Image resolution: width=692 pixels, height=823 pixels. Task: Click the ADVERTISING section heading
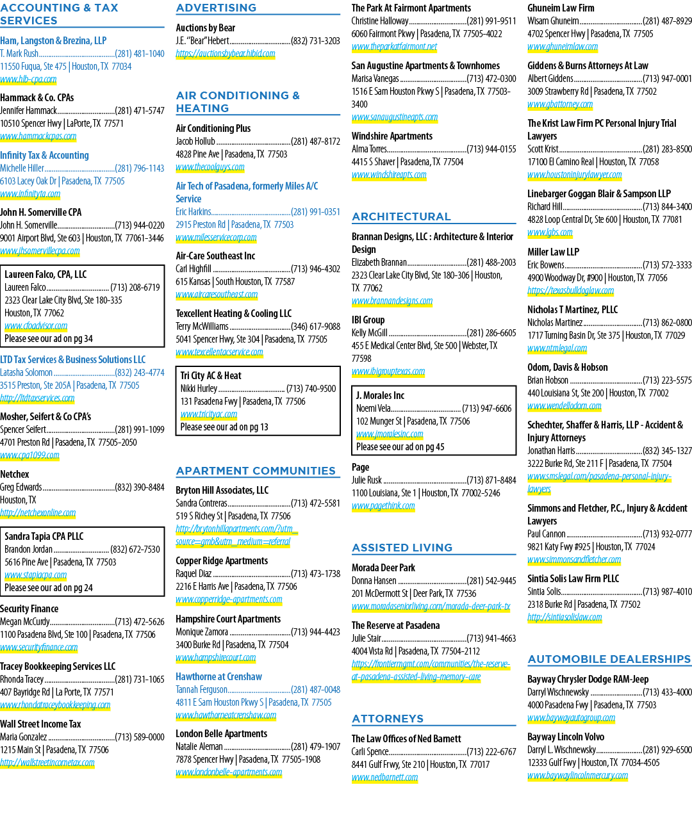[216, 8]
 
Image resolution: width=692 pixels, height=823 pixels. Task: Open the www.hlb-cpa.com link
[28, 79]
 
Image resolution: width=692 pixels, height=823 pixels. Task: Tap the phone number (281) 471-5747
[140, 111]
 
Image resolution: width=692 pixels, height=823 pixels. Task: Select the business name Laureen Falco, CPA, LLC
[45, 274]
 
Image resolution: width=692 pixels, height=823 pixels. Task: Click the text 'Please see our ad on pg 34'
[49, 339]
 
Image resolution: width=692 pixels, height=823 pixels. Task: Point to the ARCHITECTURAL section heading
[401, 216]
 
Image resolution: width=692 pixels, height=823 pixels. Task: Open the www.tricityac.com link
[209, 414]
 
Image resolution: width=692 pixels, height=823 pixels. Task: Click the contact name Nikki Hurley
[199, 389]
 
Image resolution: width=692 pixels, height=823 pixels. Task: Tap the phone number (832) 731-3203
[315, 41]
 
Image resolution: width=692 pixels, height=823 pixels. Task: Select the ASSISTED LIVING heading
[402, 548]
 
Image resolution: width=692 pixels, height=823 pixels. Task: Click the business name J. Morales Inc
[380, 395]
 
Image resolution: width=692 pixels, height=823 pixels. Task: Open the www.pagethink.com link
[383, 506]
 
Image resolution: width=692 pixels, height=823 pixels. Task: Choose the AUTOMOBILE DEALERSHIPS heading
[609, 659]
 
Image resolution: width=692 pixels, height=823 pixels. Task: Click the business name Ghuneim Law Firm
[561, 8]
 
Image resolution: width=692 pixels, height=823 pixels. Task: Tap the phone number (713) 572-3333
[667, 265]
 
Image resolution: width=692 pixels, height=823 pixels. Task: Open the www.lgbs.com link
[550, 232]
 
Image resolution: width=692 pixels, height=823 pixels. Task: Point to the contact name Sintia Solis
[544, 592]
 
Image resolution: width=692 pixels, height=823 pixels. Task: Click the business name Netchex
[15, 474]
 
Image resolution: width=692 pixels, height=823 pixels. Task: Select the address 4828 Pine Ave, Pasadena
[231, 154]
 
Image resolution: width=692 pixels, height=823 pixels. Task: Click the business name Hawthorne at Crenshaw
[219, 677]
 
